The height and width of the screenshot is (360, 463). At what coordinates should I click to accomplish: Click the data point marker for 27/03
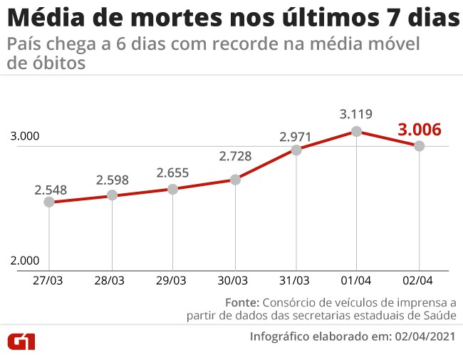(49, 202)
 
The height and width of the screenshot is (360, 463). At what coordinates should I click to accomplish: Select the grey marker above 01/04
(357, 131)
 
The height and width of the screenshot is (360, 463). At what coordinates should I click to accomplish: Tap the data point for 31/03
(296, 150)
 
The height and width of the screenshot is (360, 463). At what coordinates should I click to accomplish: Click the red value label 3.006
(420, 130)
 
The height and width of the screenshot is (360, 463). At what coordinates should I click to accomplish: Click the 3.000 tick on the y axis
(24, 137)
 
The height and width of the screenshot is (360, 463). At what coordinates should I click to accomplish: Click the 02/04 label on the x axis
(419, 281)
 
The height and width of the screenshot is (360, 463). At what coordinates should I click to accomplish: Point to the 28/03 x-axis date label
(111, 281)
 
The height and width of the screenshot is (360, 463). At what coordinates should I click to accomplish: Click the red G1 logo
(21, 341)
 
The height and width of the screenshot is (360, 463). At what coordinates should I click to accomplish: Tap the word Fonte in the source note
(243, 301)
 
